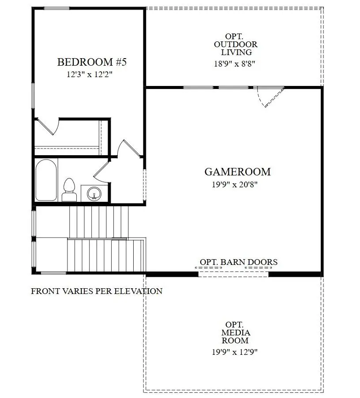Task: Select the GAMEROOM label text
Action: point(237,172)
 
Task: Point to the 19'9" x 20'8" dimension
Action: point(235,185)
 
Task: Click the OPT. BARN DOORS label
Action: point(239,262)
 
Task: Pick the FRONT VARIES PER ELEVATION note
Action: point(97,291)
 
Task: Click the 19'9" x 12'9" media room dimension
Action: point(235,352)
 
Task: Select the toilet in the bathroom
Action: point(69,190)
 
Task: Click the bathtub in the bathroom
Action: point(46,181)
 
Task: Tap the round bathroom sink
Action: point(94,193)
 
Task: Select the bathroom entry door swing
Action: point(101,172)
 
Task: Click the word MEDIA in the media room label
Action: point(236,333)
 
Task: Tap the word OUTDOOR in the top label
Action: point(236,45)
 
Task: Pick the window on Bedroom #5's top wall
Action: point(56,8)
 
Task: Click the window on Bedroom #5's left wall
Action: point(33,95)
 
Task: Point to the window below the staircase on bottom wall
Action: point(53,273)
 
